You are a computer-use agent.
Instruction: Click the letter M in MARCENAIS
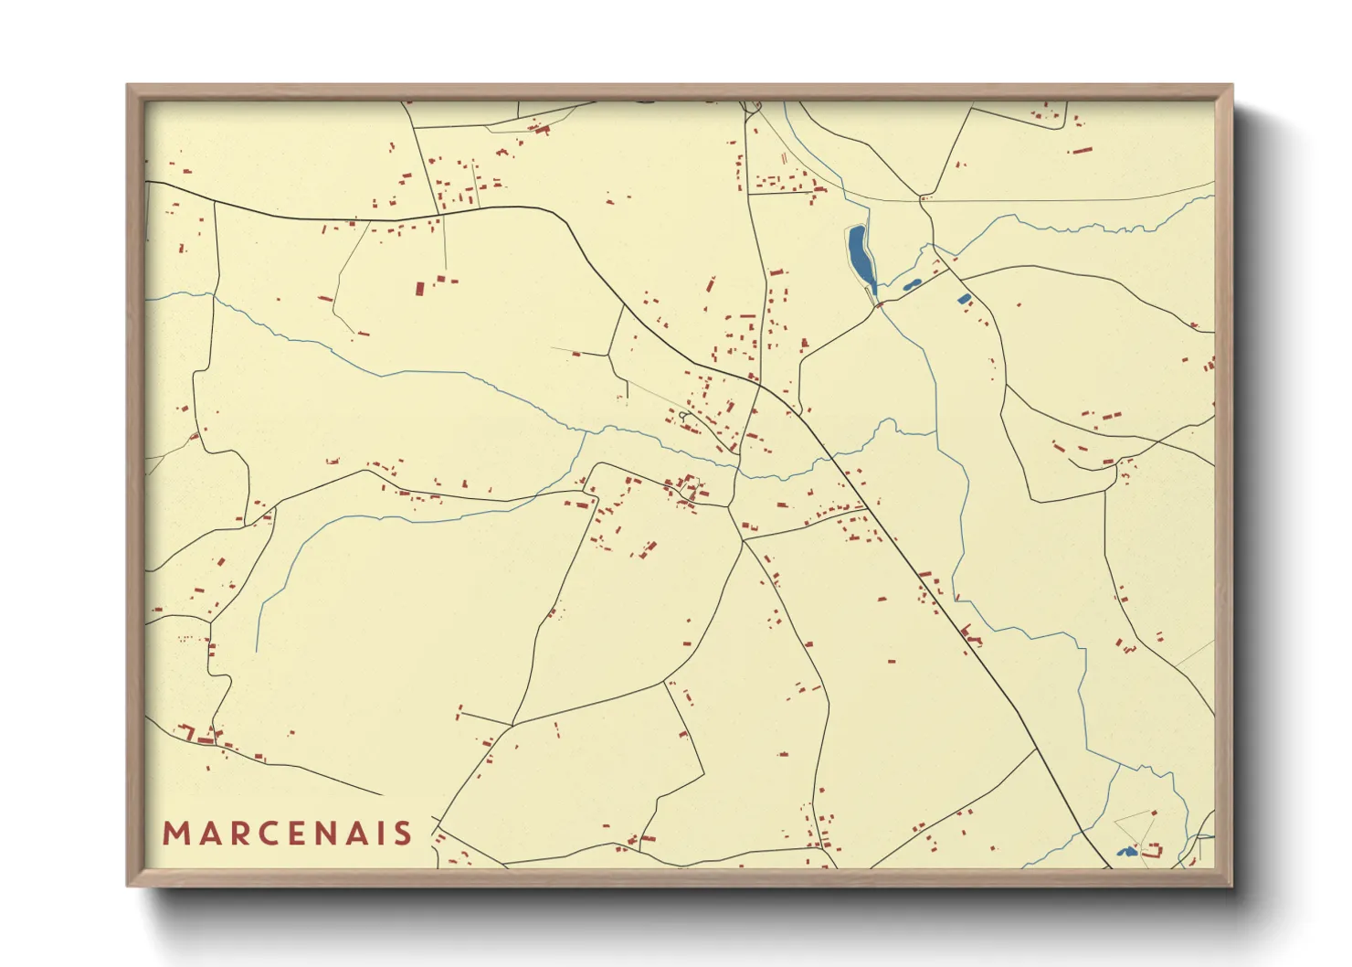pyautogui.click(x=175, y=834)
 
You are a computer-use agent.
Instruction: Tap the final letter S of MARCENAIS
pyautogui.click(x=403, y=834)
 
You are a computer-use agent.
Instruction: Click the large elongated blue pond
pyautogui.click(x=861, y=256)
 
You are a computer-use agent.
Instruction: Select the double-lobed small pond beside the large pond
pyautogui.click(x=911, y=285)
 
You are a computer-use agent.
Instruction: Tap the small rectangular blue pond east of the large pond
pyautogui.click(x=963, y=299)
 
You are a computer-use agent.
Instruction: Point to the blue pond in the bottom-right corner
pyautogui.click(x=1126, y=852)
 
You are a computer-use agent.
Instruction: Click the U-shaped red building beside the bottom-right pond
pyautogui.click(x=1153, y=851)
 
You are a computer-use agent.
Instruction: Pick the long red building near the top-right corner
pyautogui.click(x=1082, y=150)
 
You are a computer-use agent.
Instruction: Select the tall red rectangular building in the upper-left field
pyautogui.click(x=420, y=289)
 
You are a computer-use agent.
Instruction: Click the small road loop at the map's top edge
pyautogui.click(x=753, y=108)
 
